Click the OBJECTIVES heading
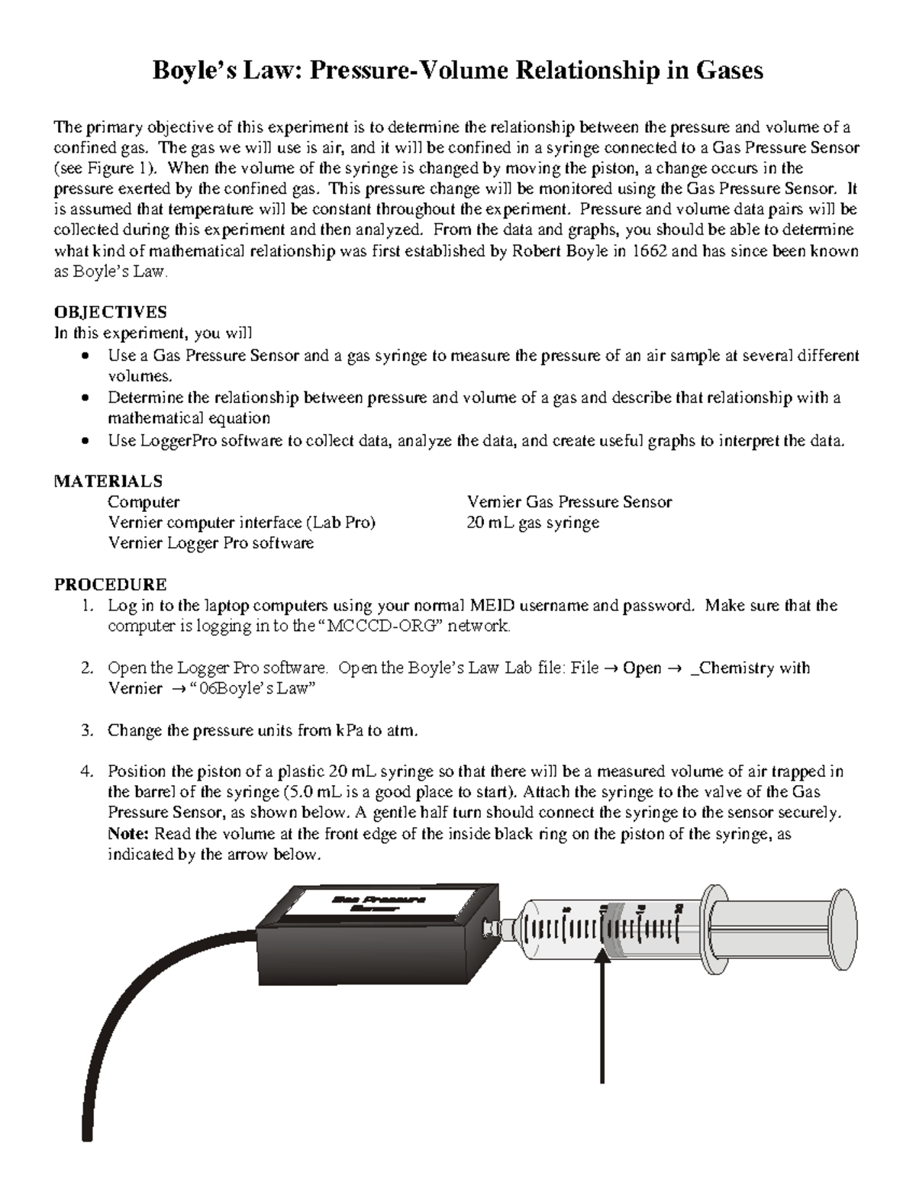coord(110,312)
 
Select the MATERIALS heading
coord(108,481)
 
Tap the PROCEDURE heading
coord(110,584)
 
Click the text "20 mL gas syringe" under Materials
coord(532,523)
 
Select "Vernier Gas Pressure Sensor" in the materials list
coord(569,502)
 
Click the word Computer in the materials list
coord(144,502)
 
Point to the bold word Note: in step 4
coord(130,834)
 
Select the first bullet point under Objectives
coord(89,356)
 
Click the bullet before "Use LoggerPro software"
coord(89,441)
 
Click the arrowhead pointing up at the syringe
coord(603,967)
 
